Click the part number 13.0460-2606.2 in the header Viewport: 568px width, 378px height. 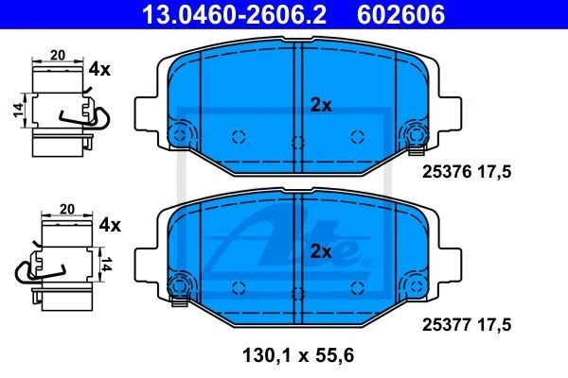coord(234,14)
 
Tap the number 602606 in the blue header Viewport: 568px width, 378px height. coord(400,14)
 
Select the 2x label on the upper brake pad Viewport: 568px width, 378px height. coord(321,105)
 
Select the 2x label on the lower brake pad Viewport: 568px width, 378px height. coord(321,251)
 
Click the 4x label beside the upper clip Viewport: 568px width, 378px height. coord(99,69)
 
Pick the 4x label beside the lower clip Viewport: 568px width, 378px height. coord(110,225)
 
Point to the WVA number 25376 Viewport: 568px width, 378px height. coord(447,171)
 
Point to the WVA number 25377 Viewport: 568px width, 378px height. coord(447,324)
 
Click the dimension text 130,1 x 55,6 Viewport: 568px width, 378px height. coord(298,355)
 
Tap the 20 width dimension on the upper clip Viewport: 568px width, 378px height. coord(58,56)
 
